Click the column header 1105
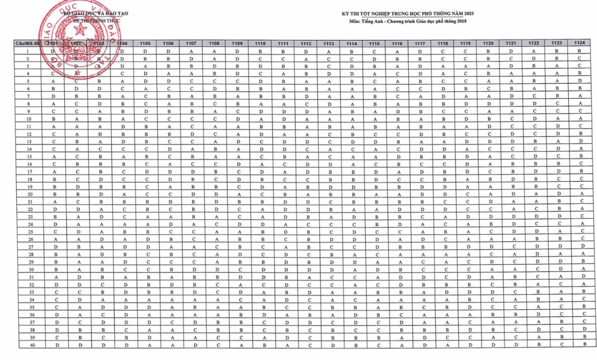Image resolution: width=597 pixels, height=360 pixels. click(145, 43)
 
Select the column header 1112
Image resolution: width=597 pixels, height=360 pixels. click(306, 44)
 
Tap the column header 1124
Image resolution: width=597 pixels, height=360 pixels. click(579, 43)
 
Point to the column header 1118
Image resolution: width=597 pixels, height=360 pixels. click(442, 43)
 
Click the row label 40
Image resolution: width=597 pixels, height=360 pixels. click(32, 345)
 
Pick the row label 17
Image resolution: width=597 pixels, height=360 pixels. click(30, 172)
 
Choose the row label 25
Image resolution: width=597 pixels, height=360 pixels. click(30, 232)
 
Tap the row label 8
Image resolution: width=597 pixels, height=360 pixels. click(29, 104)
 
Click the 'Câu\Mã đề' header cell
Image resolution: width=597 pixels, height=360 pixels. click(27, 43)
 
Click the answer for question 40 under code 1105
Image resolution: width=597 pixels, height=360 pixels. click(150, 345)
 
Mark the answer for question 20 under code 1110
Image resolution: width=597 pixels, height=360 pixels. click(262, 194)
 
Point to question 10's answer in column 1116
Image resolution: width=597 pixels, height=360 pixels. click(398, 119)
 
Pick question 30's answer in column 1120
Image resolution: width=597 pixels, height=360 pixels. click(492, 269)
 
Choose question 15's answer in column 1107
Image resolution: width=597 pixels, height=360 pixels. click(192, 157)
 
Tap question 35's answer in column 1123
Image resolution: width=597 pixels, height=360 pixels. click(561, 306)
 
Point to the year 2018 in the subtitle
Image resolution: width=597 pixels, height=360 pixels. click(462, 21)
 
